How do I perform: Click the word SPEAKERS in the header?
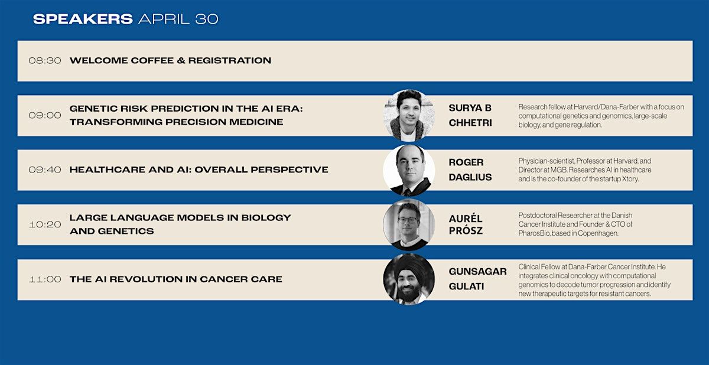click(x=83, y=19)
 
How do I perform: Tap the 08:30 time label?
click(x=45, y=60)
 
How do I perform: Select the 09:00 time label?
click(x=45, y=115)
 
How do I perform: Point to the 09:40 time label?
click(x=45, y=170)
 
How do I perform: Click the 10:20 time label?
click(x=45, y=224)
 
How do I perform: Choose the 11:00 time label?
click(x=45, y=279)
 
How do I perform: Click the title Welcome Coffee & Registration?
click(x=170, y=60)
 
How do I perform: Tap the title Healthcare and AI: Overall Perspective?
click(x=199, y=170)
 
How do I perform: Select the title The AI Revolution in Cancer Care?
click(x=175, y=279)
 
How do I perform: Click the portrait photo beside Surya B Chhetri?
click(x=409, y=115)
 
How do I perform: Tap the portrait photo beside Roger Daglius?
click(x=409, y=170)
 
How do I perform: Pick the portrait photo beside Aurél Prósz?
click(x=409, y=224)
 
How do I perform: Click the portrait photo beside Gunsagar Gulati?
click(x=409, y=279)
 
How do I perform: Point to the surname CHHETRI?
click(x=470, y=123)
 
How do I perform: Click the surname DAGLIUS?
click(x=470, y=177)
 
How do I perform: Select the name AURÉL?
click(x=466, y=219)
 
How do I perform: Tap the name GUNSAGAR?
click(x=477, y=271)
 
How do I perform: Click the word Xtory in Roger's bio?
click(x=630, y=179)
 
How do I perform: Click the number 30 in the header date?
click(x=207, y=19)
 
